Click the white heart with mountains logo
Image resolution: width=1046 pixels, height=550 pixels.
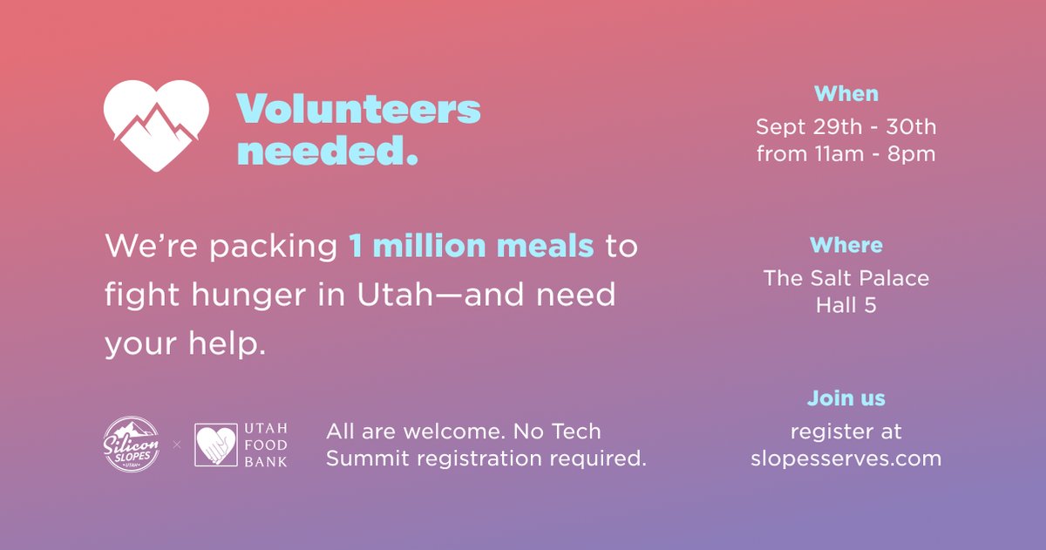pos(156,125)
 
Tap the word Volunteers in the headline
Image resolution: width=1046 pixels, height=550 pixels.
pos(358,110)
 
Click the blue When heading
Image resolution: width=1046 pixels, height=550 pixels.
pos(846,93)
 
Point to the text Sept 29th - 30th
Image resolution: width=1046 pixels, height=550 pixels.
pos(846,127)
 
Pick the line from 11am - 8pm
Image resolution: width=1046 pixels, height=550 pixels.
pos(846,154)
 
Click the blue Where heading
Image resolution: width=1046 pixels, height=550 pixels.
pos(846,245)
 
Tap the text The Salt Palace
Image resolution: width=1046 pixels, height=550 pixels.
pos(846,279)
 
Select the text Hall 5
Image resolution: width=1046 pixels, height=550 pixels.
pos(846,305)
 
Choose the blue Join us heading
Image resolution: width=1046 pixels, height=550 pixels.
pos(846,398)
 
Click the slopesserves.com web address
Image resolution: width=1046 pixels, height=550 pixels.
pos(846,458)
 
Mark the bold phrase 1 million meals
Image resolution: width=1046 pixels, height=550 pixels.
pos(472,247)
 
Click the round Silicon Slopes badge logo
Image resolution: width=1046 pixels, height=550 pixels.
pos(132,444)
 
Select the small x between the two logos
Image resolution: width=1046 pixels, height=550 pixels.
pos(177,445)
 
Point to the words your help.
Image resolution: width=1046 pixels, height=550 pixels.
pos(185,343)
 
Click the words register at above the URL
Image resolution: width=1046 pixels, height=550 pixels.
pos(846,431)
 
